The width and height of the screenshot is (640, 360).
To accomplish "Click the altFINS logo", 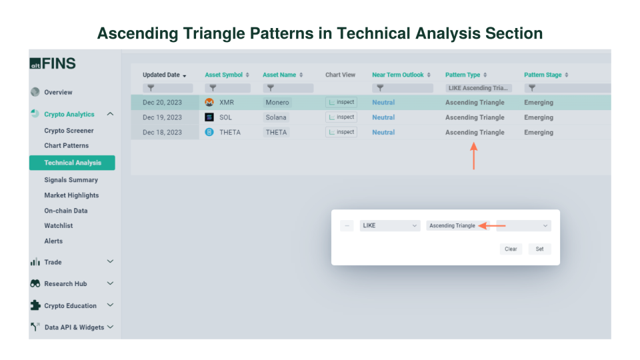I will [x=53, y=64].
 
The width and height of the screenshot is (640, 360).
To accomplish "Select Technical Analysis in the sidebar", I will [x=73, y=163].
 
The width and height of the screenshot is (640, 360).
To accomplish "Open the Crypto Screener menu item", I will [x=69, y=131].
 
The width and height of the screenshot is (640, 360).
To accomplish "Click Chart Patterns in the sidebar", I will [x=66, y=145].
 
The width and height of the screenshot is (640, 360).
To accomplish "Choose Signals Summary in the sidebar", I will [x=71, y=180].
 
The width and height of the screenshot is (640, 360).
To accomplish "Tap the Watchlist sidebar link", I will [x=59, y=226].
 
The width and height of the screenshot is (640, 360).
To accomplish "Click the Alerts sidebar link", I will [x=53, y=241].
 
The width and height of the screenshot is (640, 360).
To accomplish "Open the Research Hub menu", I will [x=65, y=283].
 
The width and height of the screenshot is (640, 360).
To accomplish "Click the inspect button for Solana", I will [x=341, y=117].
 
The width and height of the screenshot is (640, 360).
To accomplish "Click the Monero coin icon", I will [x=209, y=103].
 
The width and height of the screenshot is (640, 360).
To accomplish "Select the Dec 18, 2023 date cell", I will [x=162, y=132].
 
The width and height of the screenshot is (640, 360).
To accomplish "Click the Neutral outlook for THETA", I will [x=383, y=132].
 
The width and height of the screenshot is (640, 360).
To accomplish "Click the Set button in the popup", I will [x=539, y=249].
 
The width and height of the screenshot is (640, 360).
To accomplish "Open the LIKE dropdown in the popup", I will [x=390, y=225].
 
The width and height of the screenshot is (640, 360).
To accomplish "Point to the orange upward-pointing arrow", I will [x=473, y=157].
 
